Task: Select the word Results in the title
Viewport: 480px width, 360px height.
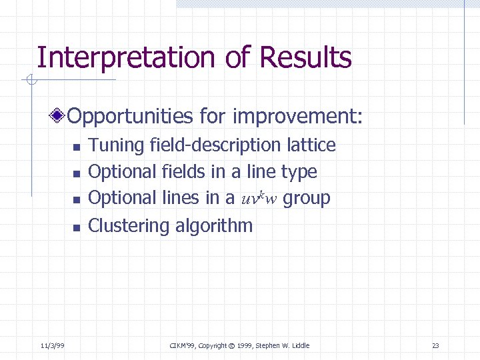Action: (306, 58)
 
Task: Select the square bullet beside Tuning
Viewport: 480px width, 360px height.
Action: (76, 147)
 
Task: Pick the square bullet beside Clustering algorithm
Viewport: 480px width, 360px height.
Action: (76, 227)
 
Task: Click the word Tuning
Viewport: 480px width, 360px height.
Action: (117, 145)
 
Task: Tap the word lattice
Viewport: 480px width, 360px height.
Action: (311, 145)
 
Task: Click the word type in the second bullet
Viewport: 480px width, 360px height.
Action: (299, 172)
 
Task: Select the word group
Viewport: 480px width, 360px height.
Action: (307, 199)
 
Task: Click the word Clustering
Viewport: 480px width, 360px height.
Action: (129, 226)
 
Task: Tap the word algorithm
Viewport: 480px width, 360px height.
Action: (214, 226)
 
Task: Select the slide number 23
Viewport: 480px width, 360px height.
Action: (435, 345)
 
